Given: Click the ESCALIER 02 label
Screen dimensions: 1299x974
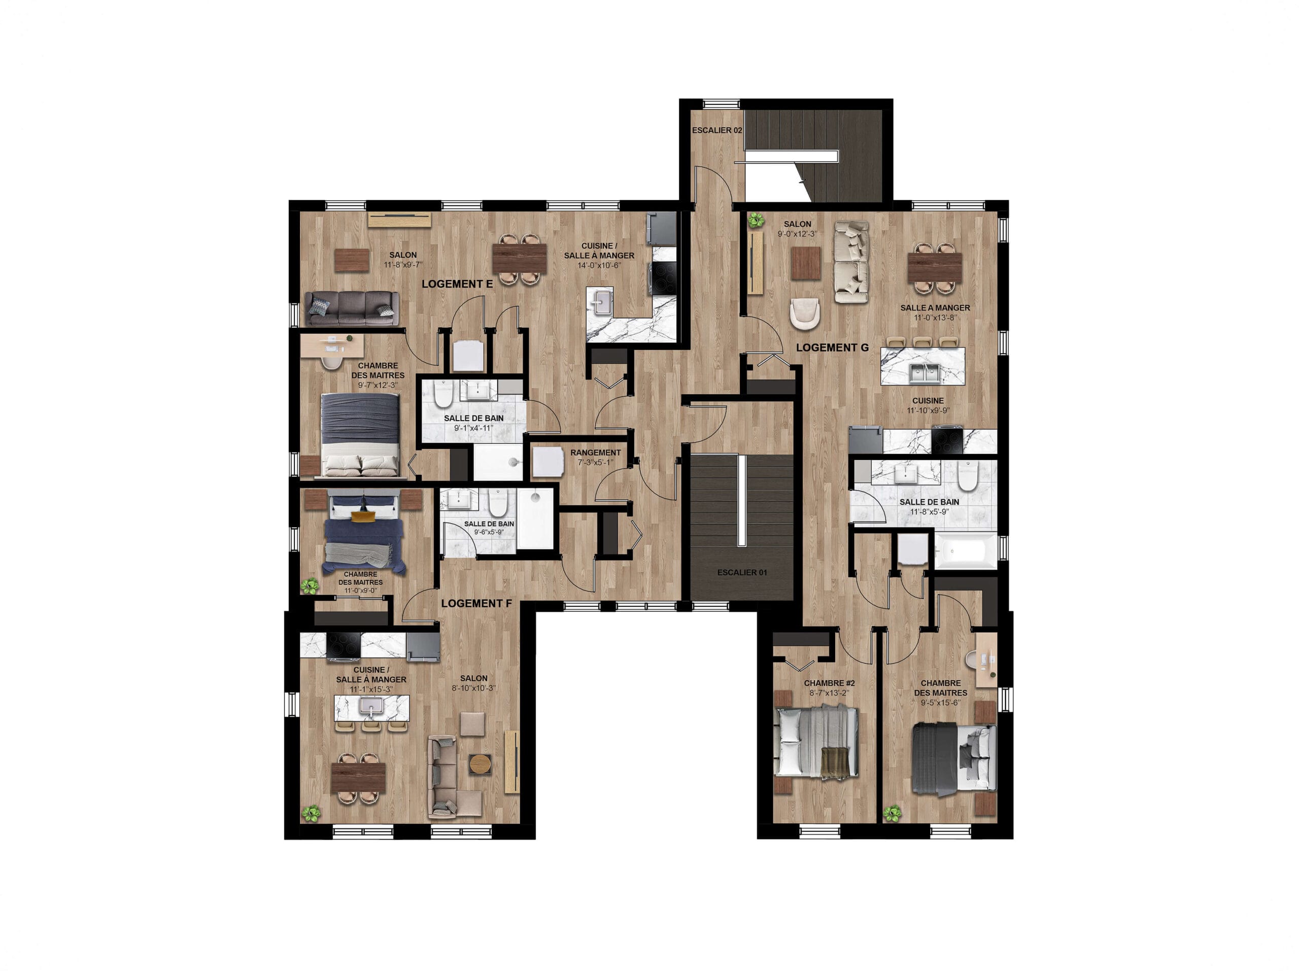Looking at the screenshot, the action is coord(716,130).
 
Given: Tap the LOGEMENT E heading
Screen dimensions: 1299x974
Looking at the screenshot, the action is coord(457,284).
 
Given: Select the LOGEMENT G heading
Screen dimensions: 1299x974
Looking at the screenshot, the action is coord(832,347).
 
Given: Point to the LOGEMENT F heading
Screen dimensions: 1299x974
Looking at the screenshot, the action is coord(476,604).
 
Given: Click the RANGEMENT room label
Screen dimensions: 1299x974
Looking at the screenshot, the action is coord(596,453).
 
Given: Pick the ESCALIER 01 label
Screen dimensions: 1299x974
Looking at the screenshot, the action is coord(742,572).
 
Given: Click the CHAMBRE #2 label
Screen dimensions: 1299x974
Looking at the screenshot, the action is coord(829,683).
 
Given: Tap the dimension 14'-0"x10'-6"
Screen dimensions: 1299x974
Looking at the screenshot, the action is coord(599,265).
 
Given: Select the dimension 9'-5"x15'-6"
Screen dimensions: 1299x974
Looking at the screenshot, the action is coord(941,703).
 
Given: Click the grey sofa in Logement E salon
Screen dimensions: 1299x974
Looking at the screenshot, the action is coord(352,309).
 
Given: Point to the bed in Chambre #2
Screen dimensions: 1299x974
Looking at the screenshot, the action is coord(817,742).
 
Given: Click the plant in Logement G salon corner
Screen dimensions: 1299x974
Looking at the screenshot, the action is coord(756,221).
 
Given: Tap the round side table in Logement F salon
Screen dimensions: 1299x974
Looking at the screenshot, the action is coord(480,764).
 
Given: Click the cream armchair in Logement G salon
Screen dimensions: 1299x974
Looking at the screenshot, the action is coord(804,314).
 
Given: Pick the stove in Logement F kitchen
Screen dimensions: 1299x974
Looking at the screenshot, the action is coord(344,646).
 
